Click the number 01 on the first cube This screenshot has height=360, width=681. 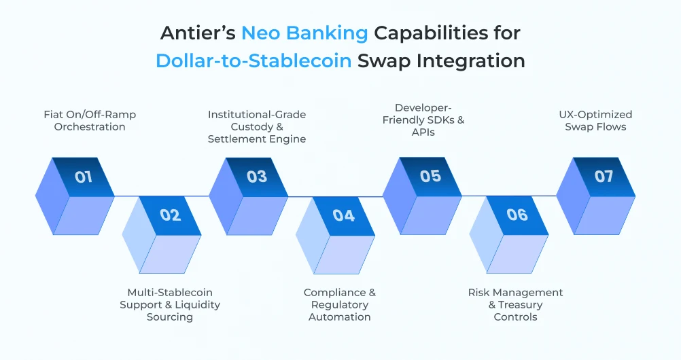click(84, 177)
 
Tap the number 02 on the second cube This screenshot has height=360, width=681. click(171, 215)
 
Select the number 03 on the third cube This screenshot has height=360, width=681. click(257, 177)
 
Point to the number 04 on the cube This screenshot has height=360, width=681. click(344, 215)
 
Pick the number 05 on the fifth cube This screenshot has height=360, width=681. click(431, 177)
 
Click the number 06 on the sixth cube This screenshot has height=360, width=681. click(517, 215)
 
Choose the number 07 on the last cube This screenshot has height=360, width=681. click(604, 177)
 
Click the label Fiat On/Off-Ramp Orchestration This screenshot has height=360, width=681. click(90, 120)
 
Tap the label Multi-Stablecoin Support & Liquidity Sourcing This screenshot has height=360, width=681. click(170, 304)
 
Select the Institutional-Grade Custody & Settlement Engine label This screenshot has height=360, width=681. click(257, 126)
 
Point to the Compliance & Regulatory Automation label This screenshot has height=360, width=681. click(340, 304)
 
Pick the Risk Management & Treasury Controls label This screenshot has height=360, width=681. click(515, 304)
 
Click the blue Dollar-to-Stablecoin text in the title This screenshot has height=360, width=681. click(254, 60)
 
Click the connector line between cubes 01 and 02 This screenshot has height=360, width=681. click(127, 196)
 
